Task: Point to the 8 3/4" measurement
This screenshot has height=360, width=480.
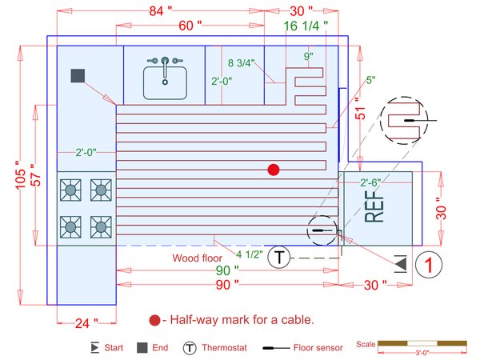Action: tap(242, 62)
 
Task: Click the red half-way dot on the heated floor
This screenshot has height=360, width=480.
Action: tap(274, 170)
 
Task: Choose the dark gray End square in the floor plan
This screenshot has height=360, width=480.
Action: tap(78, 76)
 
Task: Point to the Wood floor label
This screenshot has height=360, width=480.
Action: tap(198, 258)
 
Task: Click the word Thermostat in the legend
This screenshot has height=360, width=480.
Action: tap(226, 348)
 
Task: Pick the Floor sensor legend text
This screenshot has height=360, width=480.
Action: tap(318, 348)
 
